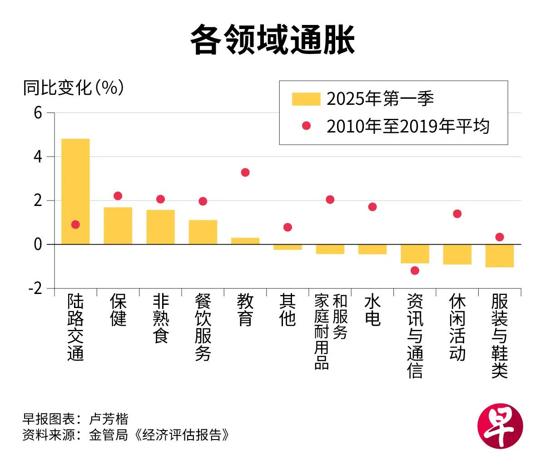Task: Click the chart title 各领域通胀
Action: (x=272, y=40)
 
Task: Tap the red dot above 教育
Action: (x=245, y=172)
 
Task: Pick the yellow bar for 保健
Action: (x=118, y=226)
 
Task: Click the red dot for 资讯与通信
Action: (x=415, y=270)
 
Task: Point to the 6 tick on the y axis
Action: (x=38, y=113)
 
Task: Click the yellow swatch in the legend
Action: (x=306, y=99)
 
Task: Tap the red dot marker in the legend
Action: (x=307, y=126)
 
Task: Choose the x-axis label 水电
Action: (x=372, y=310)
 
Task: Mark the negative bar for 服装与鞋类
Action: (x=500, y=256)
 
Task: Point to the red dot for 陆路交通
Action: (x=75, y=225)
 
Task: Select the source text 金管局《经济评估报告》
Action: (x=159, y=435)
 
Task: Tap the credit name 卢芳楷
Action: (x=109, y=418)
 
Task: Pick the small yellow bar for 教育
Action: (x=245, y=241)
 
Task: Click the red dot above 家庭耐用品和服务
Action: (x=330, y=200)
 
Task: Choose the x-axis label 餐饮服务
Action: (x=203, y=327)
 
